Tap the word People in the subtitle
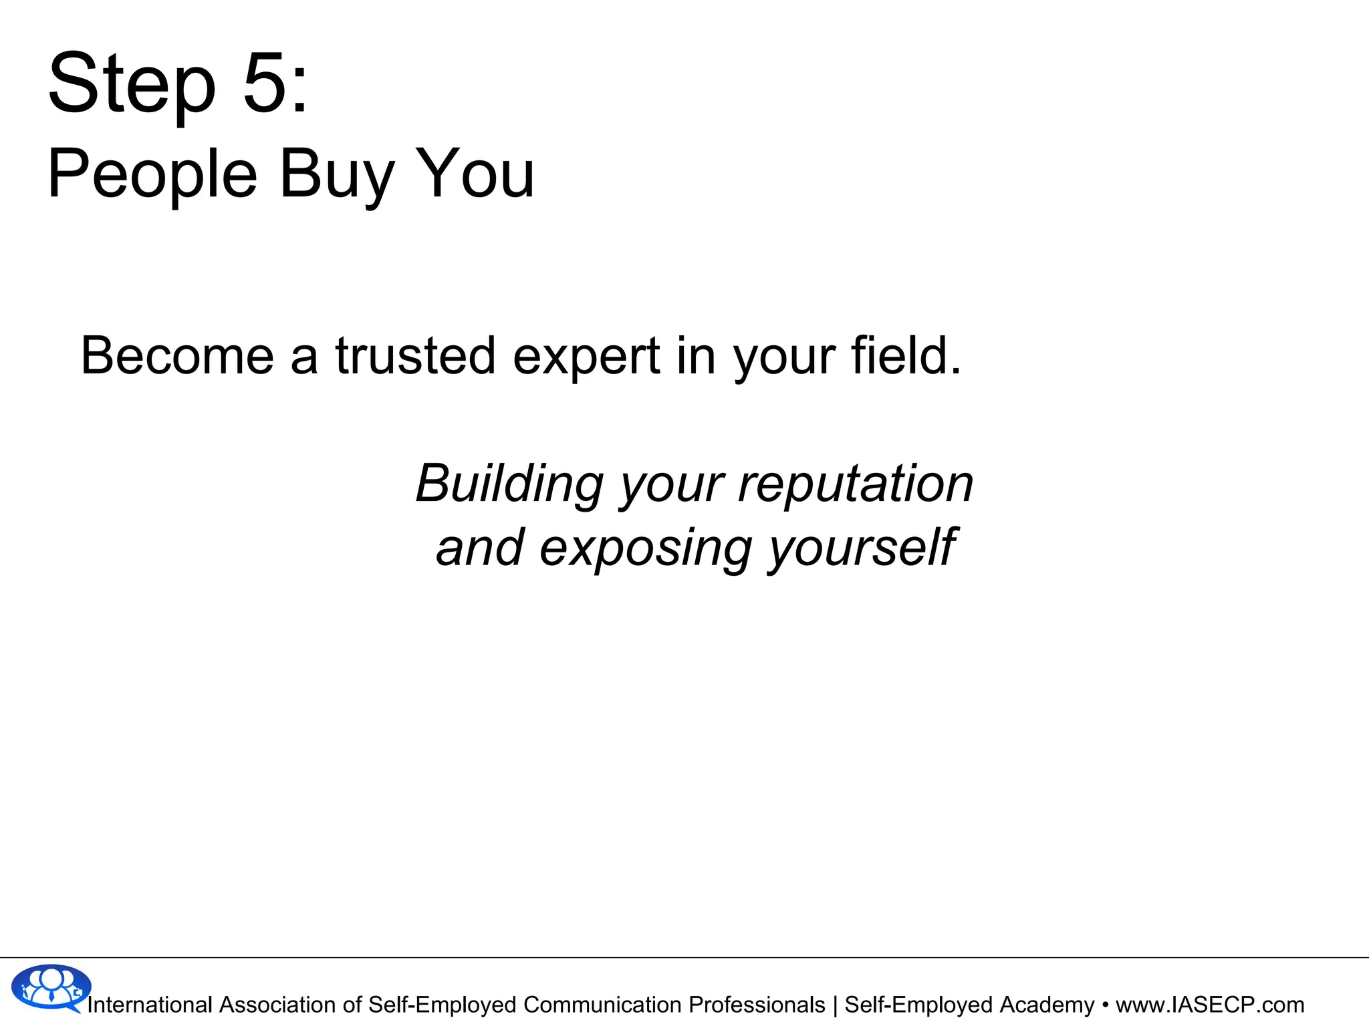tap(152, 175)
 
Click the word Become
tap(177, 355)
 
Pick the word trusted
tap(415, 355)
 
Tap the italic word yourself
tap(862, 548)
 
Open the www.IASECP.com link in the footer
tap(1210, 1005)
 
